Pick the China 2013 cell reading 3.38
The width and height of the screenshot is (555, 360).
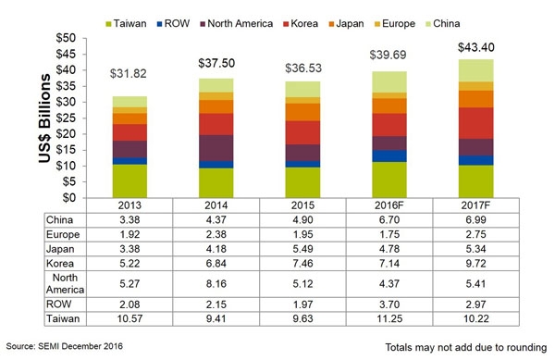pyautogui.click(x=130, y=221)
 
